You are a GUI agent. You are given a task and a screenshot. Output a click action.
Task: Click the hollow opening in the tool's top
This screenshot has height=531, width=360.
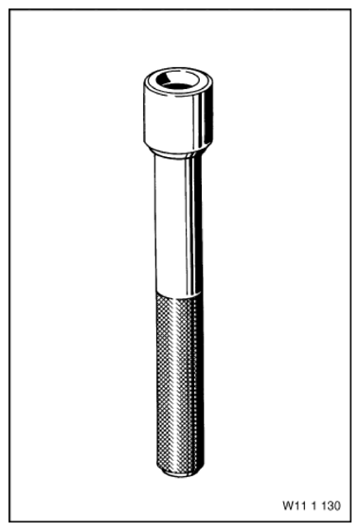[177, 80]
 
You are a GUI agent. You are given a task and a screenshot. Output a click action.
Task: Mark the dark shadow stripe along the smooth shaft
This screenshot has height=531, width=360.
[196, 225]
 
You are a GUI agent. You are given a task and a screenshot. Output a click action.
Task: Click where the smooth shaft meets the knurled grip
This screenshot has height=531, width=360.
[179, 295]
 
